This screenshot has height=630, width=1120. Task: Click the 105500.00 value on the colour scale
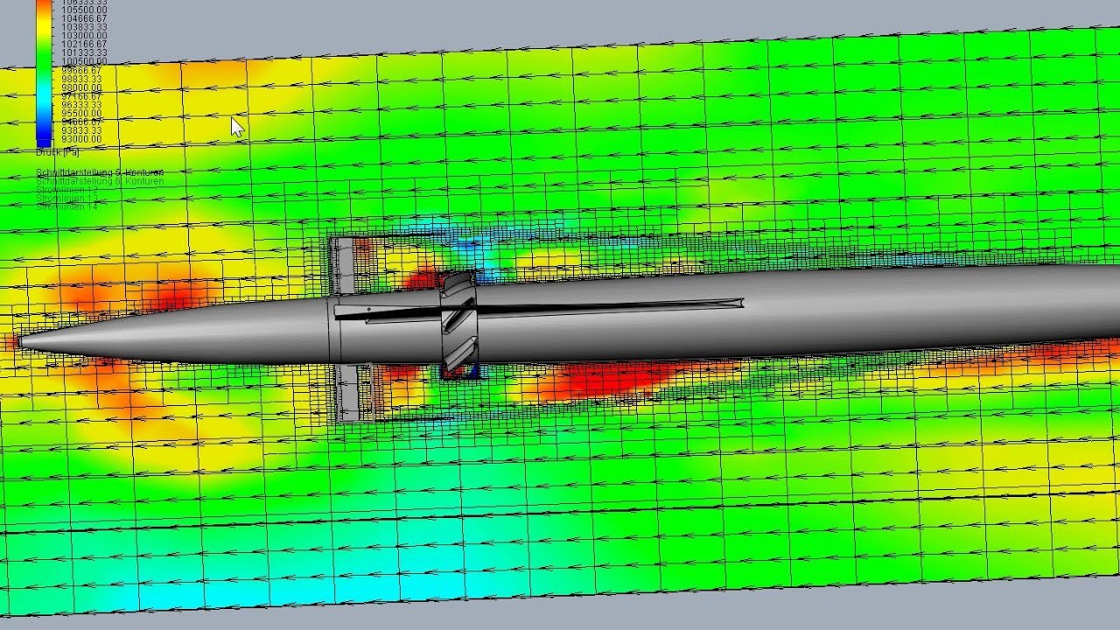pos(80,10)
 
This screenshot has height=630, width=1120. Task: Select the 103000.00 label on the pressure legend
pos(80,36)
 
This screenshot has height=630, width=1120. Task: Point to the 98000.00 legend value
pos(80,87)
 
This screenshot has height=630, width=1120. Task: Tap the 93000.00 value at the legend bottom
pos(80,139)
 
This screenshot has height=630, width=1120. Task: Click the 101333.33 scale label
pos(80,52)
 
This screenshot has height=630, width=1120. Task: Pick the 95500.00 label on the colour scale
pos(80,114)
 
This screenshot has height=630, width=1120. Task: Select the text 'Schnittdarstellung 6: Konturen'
pos(100,181)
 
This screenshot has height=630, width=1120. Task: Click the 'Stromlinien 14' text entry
pos(66,206)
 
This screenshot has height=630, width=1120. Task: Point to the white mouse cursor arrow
pos(237,127)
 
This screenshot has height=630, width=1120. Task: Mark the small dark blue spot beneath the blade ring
pos(472,374)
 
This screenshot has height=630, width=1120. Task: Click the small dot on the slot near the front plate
pos(368,310)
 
